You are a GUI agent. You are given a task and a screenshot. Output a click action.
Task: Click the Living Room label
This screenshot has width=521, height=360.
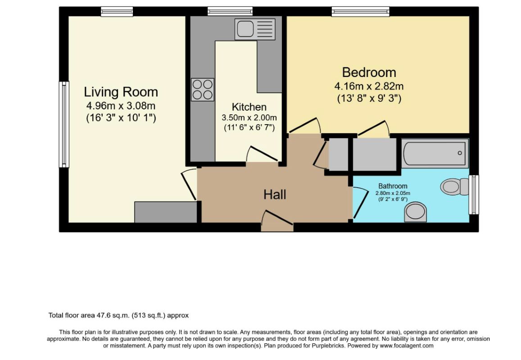121,92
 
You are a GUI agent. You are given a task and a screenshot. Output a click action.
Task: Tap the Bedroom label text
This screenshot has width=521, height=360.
369,72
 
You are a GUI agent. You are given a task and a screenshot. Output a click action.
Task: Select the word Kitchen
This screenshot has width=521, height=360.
249,107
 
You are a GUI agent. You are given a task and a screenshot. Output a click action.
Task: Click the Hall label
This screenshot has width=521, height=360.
275,194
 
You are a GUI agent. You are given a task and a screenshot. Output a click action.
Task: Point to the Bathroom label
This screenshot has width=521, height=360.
393,186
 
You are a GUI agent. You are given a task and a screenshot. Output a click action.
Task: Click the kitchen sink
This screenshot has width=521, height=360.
255,29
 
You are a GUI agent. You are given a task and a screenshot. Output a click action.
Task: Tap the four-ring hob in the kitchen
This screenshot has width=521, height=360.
202,90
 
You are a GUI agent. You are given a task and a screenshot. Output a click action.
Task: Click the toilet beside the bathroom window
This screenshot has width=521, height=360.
454,186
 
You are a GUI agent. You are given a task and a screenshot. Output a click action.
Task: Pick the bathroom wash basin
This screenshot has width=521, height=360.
415,212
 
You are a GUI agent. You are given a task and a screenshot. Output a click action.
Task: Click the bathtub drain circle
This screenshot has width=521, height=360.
460,153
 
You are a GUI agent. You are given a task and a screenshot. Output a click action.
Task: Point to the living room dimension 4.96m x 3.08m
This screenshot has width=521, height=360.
121,106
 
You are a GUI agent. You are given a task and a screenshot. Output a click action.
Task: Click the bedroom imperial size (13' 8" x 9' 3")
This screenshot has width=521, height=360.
369,99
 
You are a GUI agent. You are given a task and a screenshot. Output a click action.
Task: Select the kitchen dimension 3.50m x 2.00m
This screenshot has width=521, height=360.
249,117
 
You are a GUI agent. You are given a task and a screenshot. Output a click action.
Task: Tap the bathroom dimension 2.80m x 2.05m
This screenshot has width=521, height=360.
393,193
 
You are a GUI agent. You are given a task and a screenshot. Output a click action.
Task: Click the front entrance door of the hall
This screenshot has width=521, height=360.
277,220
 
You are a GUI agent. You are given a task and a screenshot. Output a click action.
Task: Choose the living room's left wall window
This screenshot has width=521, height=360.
64,125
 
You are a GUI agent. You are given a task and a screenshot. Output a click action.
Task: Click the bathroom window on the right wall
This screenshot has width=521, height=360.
474,194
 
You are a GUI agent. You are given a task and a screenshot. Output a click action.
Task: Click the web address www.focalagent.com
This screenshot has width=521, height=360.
407,346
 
